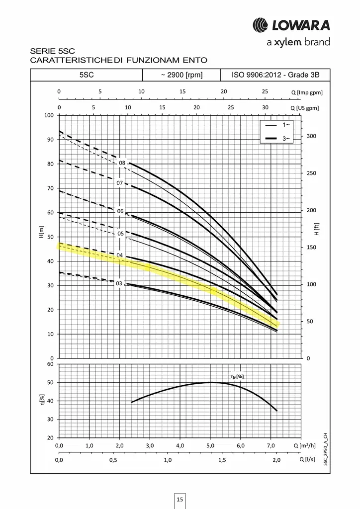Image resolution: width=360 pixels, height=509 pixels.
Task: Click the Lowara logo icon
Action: (261, 25)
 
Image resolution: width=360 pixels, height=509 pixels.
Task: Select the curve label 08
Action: (122, 163)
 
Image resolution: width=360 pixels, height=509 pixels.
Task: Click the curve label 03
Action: (119, 283)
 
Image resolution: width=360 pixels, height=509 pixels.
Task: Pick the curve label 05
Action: (120, 234)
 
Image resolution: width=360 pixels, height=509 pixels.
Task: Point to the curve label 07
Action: (120, 183)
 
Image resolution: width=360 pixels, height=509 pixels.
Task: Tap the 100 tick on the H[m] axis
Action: (49, 115)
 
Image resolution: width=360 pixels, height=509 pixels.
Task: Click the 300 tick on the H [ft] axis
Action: (311, 136)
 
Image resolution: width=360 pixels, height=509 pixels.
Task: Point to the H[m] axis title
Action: (41, 232)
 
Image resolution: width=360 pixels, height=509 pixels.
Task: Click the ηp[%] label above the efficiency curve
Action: (237, 377)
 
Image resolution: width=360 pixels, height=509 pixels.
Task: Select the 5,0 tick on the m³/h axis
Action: (210, 446)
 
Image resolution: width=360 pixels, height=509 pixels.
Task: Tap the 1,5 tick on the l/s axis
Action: (222, 460)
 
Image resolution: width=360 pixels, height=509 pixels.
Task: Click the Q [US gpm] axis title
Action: (304, 108)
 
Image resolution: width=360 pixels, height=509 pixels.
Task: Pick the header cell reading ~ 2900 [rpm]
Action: (181, 75)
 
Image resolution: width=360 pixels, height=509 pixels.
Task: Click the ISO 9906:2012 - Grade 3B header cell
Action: (275, 75)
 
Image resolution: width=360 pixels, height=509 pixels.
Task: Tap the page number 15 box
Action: (180, 500)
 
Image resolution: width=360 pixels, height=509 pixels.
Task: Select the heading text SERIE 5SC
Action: (52, 51)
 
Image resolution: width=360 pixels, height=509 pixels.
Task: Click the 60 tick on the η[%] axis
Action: (50, 364)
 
